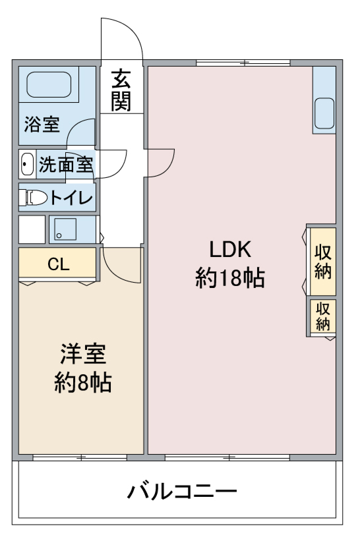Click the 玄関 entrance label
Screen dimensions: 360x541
121,90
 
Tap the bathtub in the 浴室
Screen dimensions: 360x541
49,84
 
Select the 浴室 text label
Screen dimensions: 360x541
42,125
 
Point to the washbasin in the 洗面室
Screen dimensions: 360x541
27,163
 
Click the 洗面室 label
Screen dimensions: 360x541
66,164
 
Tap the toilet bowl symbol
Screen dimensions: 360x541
33,197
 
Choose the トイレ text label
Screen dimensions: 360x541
72,198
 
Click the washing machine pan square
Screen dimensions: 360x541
65,229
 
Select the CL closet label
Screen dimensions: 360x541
58,264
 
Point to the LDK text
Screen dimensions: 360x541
230,250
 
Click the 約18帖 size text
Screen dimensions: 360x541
230,278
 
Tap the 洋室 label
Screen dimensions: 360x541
83,354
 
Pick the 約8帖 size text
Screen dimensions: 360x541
83,382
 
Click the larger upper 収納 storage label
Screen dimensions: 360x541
322,262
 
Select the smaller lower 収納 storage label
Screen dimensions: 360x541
322,316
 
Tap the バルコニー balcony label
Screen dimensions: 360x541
182,492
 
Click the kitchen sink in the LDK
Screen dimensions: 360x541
324,113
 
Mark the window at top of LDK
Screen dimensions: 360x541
243,63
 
